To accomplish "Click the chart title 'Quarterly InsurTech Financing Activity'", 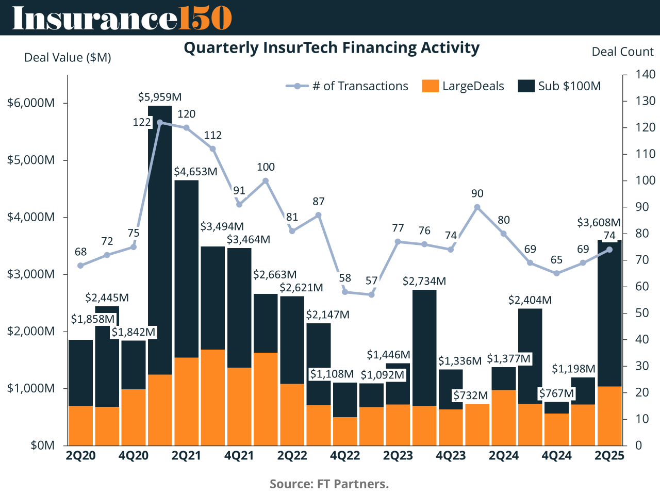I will tap(332, 48).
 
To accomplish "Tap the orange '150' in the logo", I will tap(205, 18).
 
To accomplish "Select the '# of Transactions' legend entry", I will tap(347, 86).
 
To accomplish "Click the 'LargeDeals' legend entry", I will tap(463, 86).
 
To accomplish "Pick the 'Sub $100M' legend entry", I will tap(559, 86).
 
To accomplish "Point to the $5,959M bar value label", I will tap(160, 97).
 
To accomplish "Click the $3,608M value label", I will tap(599, 223).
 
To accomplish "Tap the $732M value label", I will tap(470, 395).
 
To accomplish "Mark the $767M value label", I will tap(556, 394).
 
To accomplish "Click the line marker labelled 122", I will tap(160, 123).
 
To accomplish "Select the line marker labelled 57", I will tap(371, 294).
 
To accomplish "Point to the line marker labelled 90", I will tap(477, 207).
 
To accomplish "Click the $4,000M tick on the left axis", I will tap(31, 217).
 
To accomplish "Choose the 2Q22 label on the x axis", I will tap(292, 456).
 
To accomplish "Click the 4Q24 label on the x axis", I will tap(556, 456).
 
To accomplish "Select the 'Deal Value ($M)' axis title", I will tap(68, 57).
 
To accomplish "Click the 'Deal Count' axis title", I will tap(622, 52).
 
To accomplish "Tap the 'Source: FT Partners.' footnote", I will tap(329, 484).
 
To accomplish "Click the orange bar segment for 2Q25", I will tap(609, 416).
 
